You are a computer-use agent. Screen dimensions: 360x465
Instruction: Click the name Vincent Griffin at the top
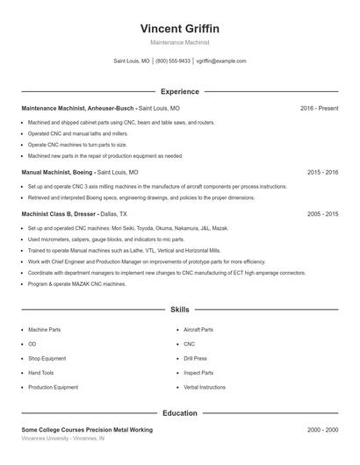click(180, 28)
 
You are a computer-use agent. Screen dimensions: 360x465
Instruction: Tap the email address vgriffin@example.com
click(221, 61)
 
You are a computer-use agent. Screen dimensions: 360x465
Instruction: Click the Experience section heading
click(180, 91)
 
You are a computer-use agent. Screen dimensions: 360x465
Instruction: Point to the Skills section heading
click(180, 310)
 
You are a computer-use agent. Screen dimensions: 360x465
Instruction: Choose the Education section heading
click(180, 412)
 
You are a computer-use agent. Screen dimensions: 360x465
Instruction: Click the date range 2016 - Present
click(319, 108)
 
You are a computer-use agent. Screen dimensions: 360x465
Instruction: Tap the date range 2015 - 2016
click(323, 173)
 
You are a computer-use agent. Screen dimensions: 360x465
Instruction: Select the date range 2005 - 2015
click(323, 214)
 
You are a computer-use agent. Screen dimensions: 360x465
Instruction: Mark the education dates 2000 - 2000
click(323, 430)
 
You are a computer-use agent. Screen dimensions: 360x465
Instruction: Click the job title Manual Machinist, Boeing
click(57, 173)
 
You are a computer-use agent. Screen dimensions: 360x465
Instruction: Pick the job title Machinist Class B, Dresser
click(59, 214)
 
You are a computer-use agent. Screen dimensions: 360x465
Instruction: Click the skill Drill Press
click(196, 358)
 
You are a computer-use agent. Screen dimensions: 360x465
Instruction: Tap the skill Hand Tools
click(40, 372)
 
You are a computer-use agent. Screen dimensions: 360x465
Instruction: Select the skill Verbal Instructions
click(205, 387)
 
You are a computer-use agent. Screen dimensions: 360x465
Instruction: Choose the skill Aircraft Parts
click(198, 330)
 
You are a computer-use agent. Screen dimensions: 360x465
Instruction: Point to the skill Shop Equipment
click(47, 358)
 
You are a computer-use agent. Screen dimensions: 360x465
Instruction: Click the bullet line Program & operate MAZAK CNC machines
click(77, 284)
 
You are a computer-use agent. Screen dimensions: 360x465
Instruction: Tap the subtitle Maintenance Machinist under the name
click(180, 42)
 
